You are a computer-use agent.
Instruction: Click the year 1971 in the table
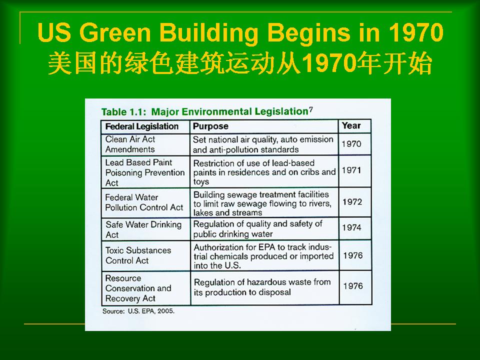click(351, 170)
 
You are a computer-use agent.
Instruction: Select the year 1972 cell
click(352, 201)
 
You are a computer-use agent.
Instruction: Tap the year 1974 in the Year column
click(351, 227)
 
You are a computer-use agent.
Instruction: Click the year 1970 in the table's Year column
click(351, 143)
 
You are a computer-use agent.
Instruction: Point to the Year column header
click(351, 125)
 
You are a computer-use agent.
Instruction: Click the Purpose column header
click(210, 126)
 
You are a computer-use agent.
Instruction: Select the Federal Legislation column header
click(141, 126)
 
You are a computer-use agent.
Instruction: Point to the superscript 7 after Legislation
click(310, 109)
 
